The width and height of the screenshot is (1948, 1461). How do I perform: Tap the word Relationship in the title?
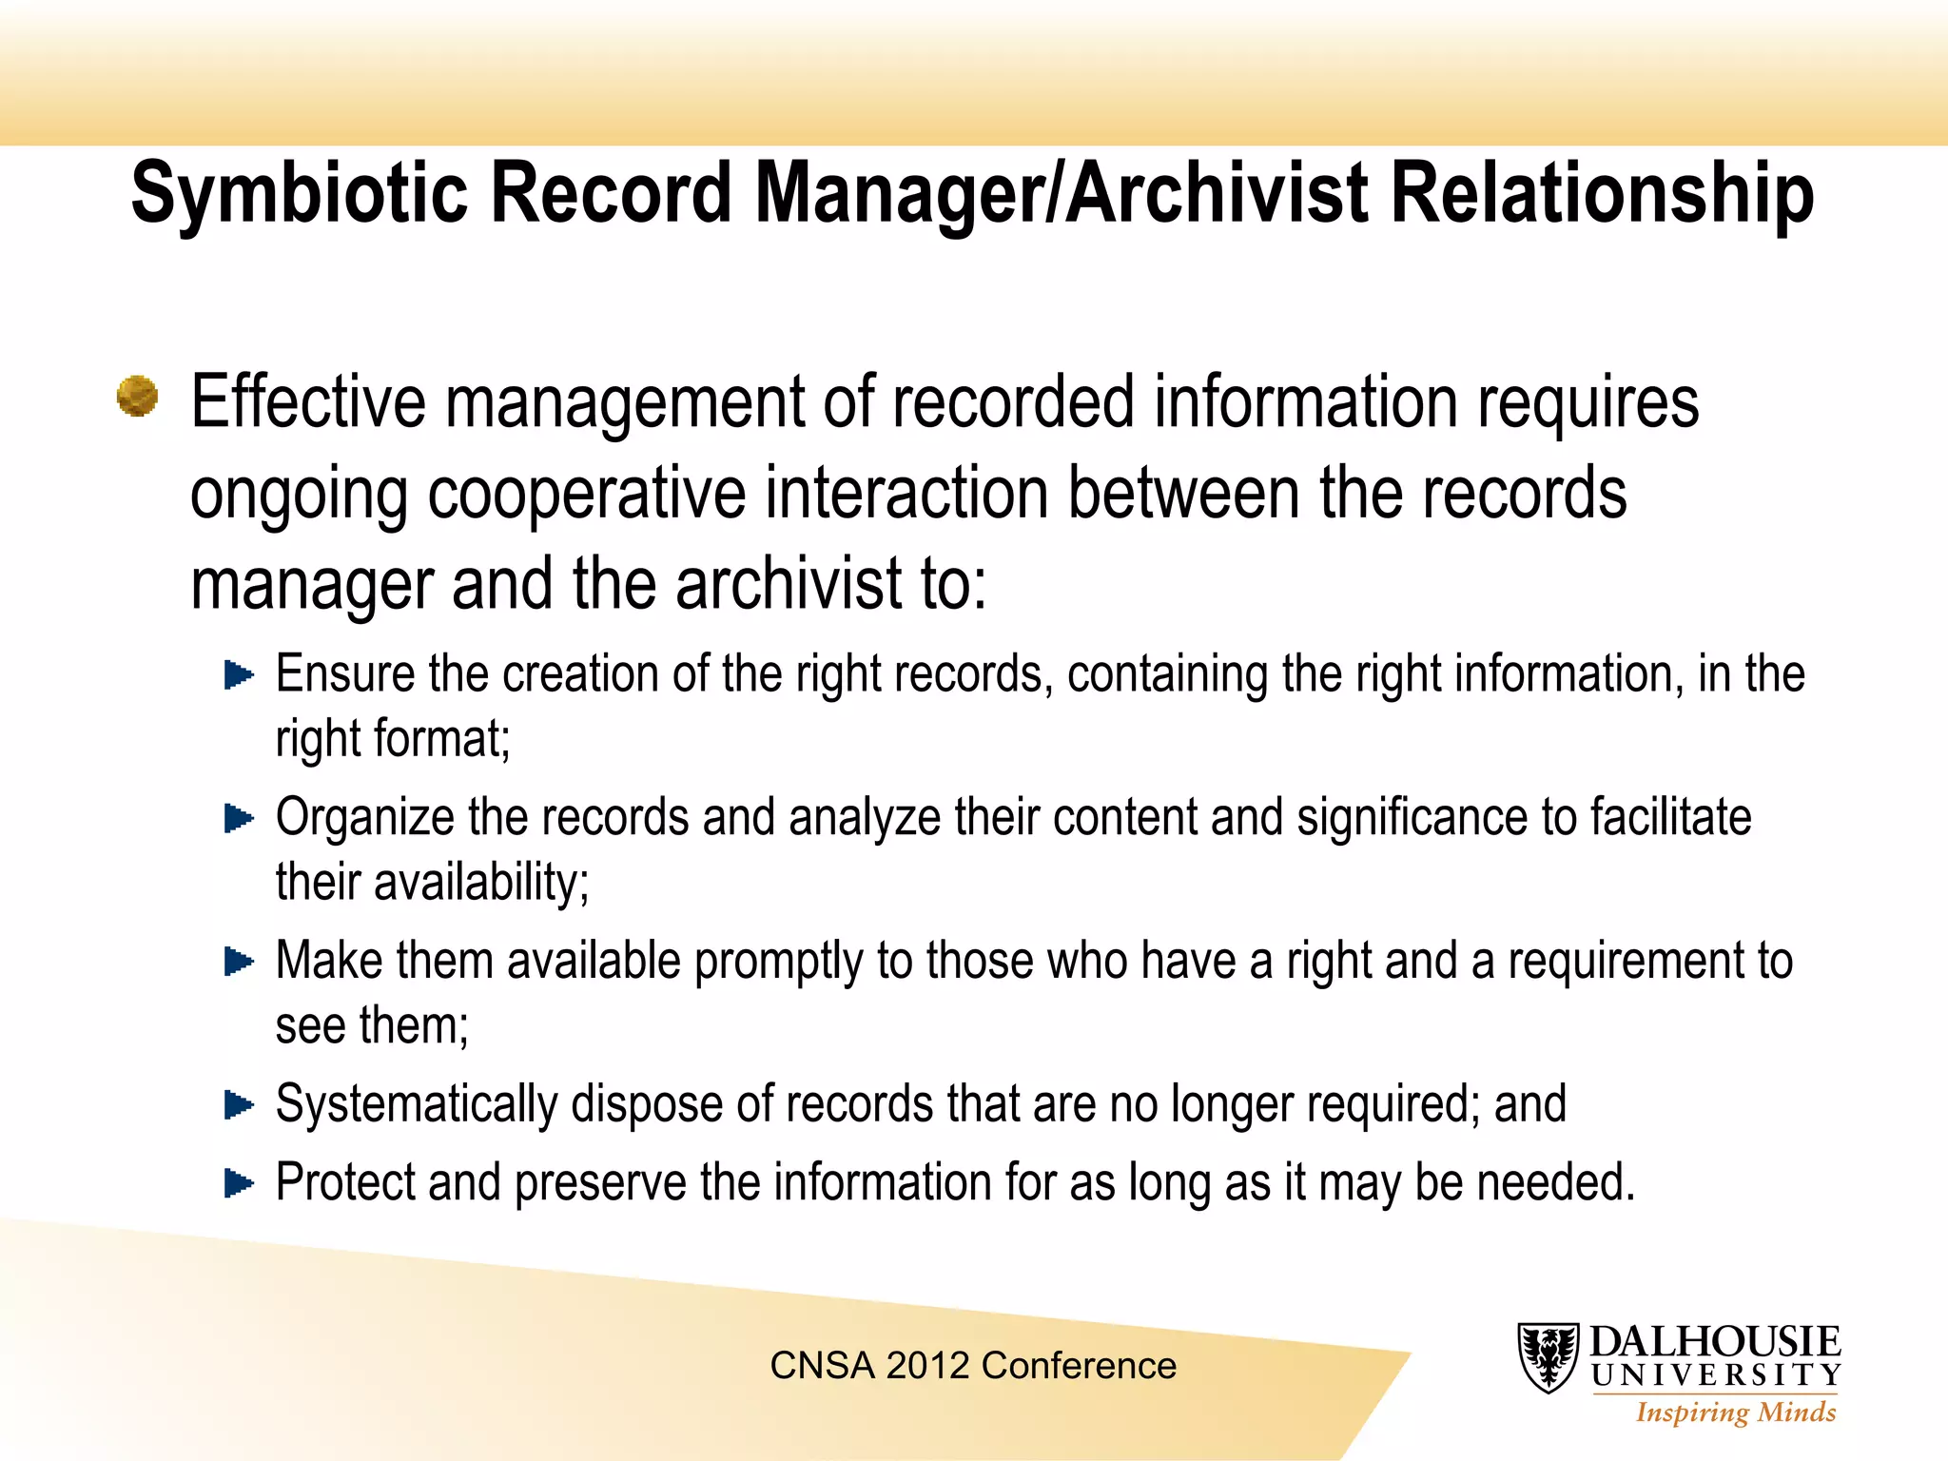pos(1602,195)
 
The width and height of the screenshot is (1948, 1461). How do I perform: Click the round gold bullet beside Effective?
pos(138,396)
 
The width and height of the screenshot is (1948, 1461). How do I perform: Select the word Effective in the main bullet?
pos(308,401)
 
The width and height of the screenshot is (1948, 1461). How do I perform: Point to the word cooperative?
pos(586,494)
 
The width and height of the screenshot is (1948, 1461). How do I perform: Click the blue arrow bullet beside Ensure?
pos(239,675)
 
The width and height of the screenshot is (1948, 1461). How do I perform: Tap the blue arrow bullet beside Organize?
pos(239,818)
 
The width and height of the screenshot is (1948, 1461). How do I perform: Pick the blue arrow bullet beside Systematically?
pos(239,1105)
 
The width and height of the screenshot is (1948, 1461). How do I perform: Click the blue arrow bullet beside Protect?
pos(239,1183)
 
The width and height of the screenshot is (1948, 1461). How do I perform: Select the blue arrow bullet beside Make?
pos(239,962)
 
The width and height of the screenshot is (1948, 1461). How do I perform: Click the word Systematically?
pos(416,1105)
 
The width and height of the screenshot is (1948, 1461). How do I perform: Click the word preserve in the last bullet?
pos(600,1184)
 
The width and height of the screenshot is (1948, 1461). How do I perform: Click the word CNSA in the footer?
pos(822,1366)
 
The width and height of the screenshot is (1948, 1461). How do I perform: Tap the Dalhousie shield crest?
pos(1548,1357)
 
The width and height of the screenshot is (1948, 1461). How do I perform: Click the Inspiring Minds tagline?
pos(1736,1412)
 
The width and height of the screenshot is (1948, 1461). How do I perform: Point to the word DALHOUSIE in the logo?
pos(1715,1342)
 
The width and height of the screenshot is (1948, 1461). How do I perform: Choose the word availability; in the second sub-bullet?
pos(481,883)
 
